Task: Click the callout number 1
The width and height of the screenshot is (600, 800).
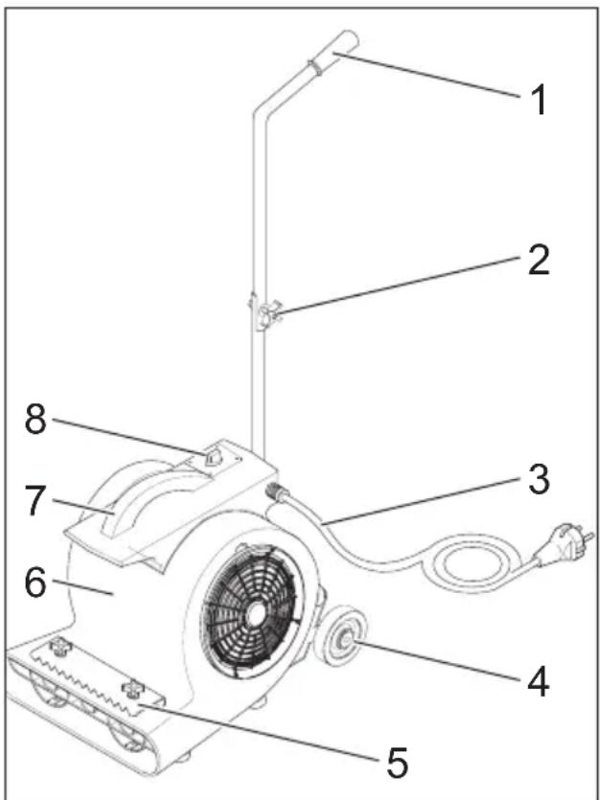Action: (x=538, y=100)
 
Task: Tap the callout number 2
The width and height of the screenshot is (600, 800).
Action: (x=539, y=261)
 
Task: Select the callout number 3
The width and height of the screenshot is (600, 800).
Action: (x=539, y=480)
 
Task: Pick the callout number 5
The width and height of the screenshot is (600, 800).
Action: (x=397, y=763)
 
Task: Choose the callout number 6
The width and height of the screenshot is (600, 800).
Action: (x=35, y=583)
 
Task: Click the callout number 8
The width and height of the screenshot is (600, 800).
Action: (x=35, y=420)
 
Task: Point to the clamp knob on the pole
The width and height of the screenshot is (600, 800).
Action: (x=267, y=315)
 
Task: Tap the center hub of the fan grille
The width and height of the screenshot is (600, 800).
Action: (x=252, y=616)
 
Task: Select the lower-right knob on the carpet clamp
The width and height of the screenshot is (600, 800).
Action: (x=133, y=689)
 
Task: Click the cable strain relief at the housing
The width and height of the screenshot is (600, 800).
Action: (x=277, y=491)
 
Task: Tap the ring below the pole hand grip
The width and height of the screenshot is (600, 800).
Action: (x=314, y=67)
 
